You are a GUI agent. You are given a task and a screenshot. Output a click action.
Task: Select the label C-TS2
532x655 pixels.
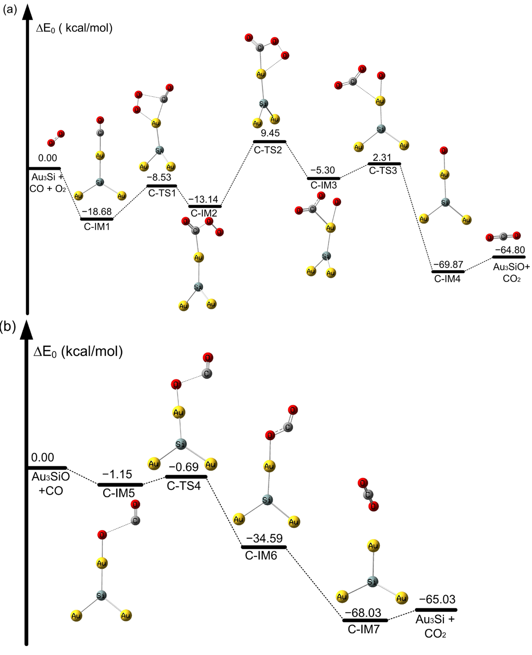pyautogui.click(x=268, y=150)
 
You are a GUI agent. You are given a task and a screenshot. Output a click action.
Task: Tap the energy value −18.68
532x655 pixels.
pyautogui.click(x=97, y=211)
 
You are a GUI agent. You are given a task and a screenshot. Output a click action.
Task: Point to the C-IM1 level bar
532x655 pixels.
pyautogui.click(x=97, y=219)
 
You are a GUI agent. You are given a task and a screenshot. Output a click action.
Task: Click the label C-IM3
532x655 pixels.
pyautogui.click(x=324, y=185)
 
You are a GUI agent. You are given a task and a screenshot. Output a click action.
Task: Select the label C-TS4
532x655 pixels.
pyautogui.click(x=184, y=486)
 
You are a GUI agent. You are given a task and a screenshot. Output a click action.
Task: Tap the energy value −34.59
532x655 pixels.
pyautogui.click(x=264, y=538)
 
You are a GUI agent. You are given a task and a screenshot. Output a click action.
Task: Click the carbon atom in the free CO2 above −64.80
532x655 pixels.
pyautogui.click(x=503, y=236)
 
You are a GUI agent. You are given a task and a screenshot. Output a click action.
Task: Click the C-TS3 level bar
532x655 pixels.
pyautogui.click(x=384, y=164)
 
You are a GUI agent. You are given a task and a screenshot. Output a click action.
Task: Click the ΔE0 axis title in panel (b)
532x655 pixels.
pyautogui.click(x=78, y=351)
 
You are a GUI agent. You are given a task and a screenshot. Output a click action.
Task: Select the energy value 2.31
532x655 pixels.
pyautogui.click(x=382, y=157)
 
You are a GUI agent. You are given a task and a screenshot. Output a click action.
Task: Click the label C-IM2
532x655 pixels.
pyautogui.click(x=204, y=213)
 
